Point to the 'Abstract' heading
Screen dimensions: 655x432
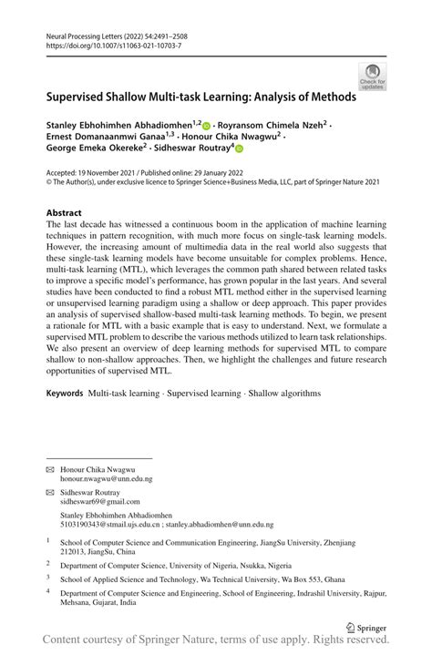[64, 212]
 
